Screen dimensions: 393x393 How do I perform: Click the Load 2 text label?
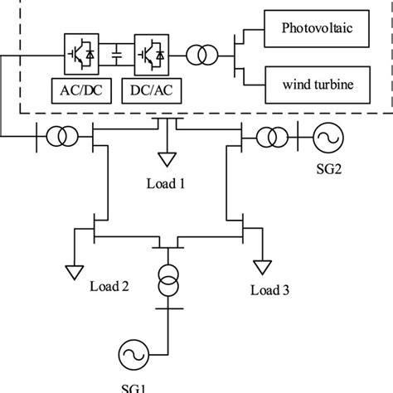pos(109,288)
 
